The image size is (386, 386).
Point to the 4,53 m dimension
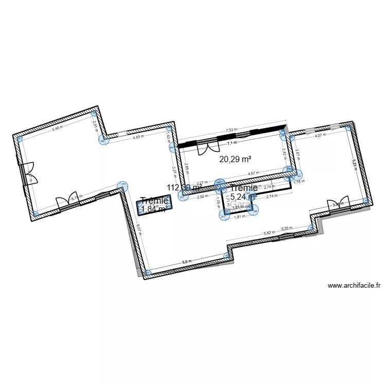(x=138, y=137)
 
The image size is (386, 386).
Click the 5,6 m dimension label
(x=186, y=262)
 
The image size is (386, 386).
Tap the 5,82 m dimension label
(x=269, y=233)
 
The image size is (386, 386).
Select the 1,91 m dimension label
(x=239, y=217)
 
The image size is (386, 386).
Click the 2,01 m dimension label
(x=94, y=124)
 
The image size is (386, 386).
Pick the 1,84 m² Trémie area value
(x=154, y=208)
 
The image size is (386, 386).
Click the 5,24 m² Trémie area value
(x=243, y=197)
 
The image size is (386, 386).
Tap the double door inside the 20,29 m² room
(x=207, y=149)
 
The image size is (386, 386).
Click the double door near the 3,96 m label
(x=338, y=203)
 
